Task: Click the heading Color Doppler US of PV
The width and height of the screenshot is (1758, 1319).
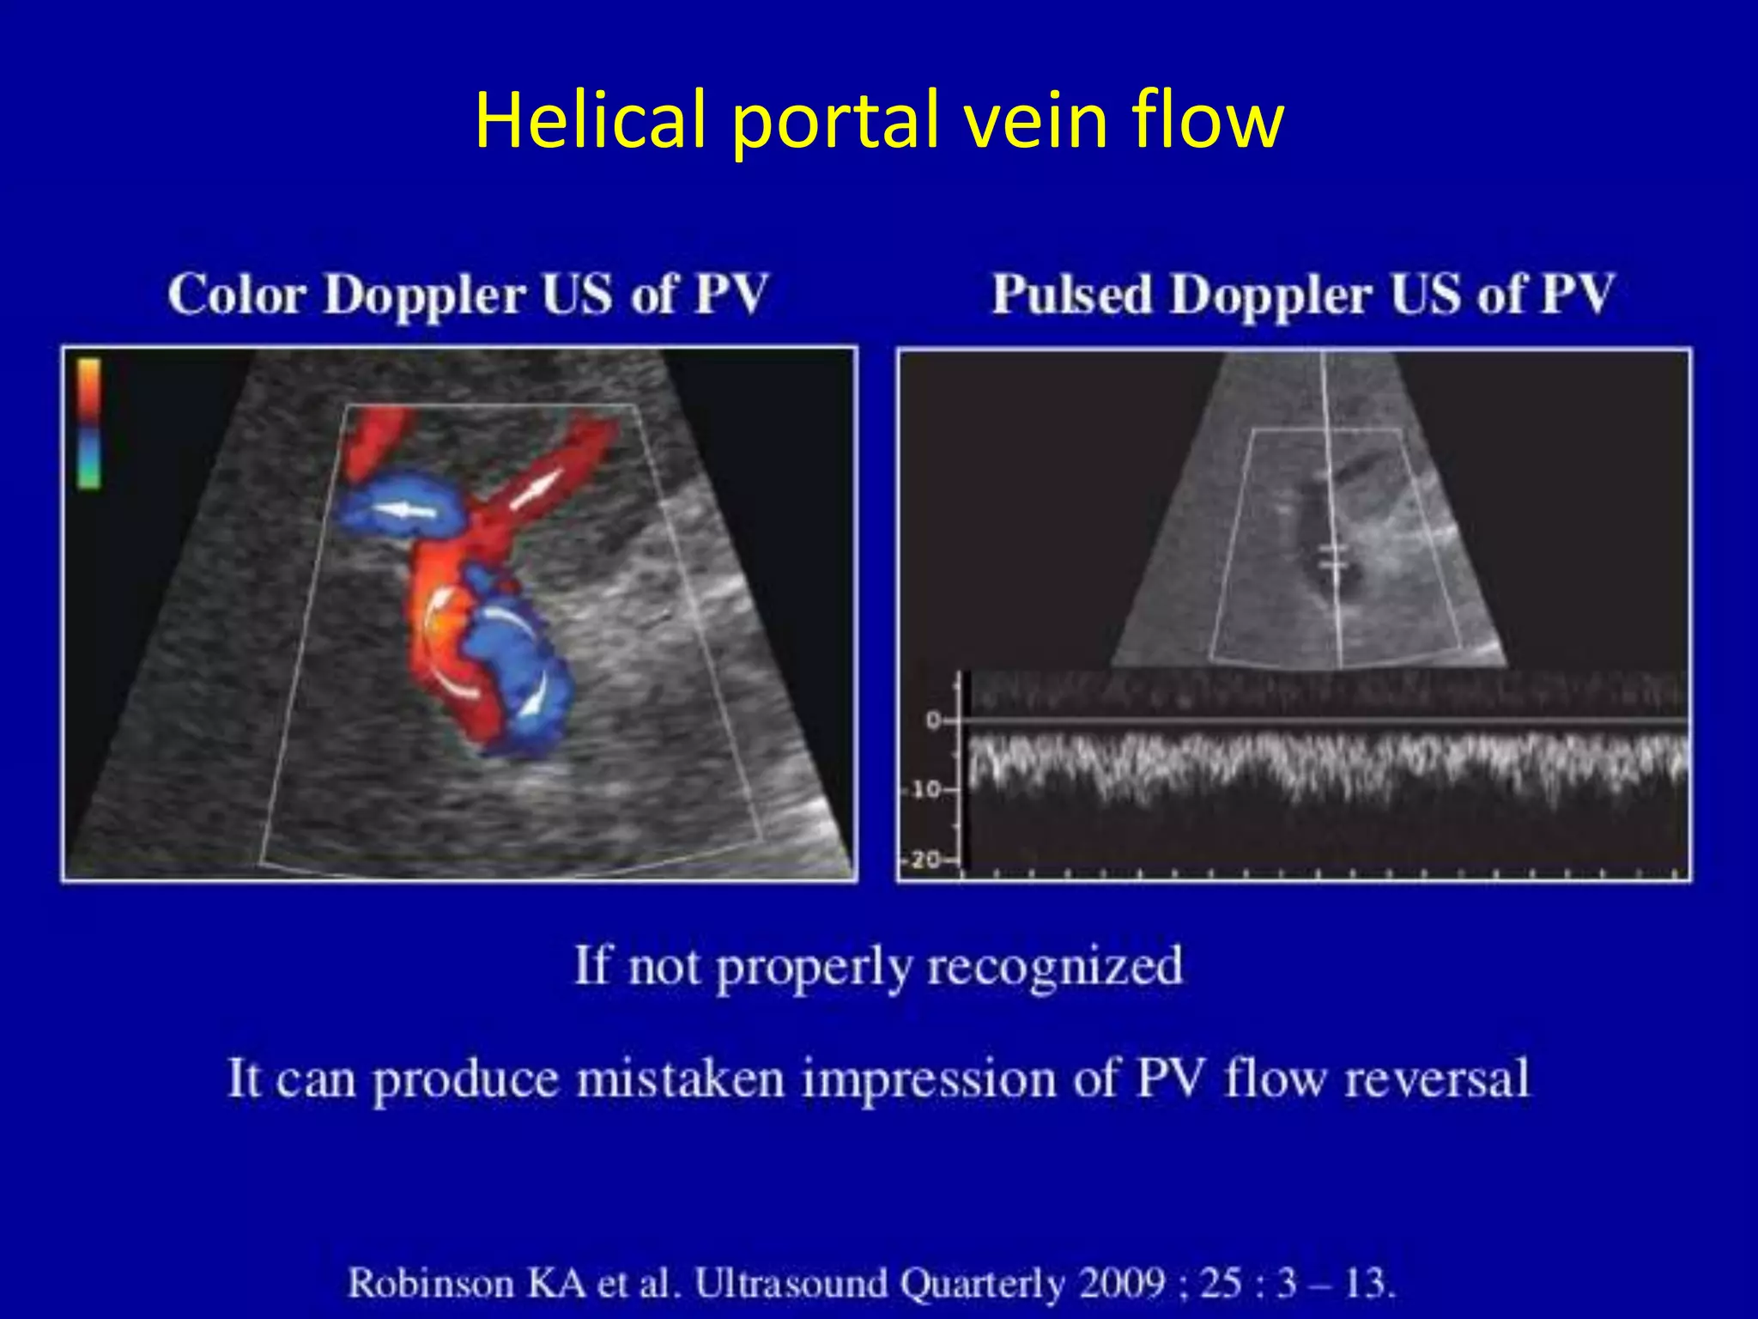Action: pyautogui.click(x=467, y=295)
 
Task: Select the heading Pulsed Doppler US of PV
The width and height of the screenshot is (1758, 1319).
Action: pyautogui.click(x=1302, y=295)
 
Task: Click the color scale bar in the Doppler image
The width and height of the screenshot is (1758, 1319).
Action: pyautogui.click(x=88, y=422)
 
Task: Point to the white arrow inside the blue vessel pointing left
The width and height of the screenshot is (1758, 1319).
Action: pyautogui.click(x=404, y=511)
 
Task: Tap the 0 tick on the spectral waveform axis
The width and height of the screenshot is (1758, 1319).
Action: pyautogui.click(x=933, y=720)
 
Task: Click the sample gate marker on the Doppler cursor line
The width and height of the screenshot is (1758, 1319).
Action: pyautogui.click(x=1332, y=556)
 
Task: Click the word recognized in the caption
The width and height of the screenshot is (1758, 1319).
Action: pyautogui.click(x=1055, y=966)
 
